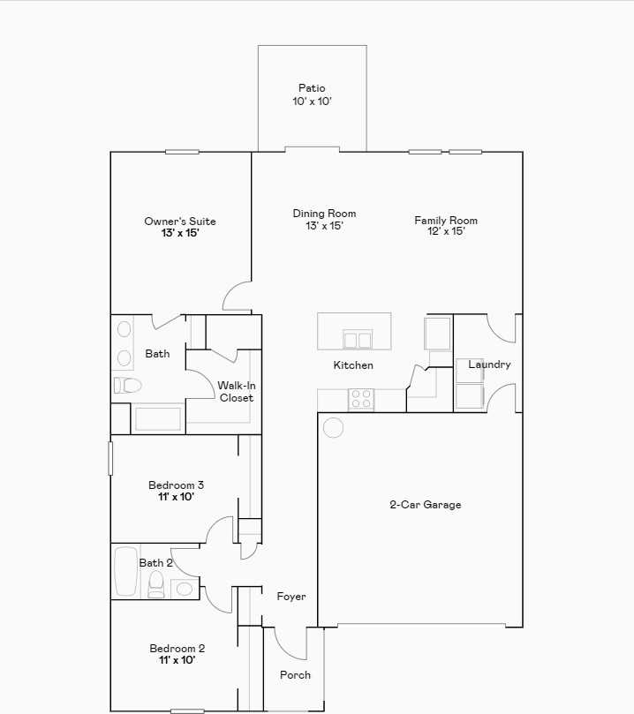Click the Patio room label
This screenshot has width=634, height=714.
311,88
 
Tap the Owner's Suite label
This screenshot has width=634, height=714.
180,222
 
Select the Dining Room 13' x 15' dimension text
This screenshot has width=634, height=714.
324,226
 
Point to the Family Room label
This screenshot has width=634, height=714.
446,221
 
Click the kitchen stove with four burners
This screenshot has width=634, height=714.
361,399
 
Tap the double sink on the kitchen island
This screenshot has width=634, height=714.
358,339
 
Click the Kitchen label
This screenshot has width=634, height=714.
353,365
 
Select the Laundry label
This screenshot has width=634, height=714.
489,365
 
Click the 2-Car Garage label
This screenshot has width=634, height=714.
426,505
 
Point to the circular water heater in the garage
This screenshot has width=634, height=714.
333,428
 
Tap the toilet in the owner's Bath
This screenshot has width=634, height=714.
127,386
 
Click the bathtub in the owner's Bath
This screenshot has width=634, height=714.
157,419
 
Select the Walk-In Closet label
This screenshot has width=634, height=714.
236,392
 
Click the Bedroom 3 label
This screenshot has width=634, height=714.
177,485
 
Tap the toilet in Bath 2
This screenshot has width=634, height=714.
156,582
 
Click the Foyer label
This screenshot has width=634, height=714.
291,597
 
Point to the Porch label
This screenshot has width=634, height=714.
295,675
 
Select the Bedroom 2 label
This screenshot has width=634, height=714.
177,649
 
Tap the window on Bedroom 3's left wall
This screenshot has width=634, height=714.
110,459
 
